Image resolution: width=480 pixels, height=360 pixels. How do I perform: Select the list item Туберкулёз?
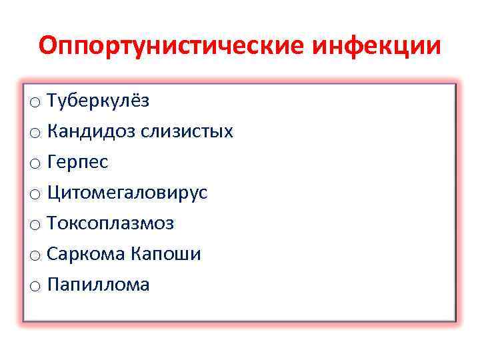(x=98, y=101)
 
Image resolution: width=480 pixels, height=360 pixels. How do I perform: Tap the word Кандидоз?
(x=91, y=131)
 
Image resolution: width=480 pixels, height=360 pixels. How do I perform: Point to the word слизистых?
(x=187, y=131)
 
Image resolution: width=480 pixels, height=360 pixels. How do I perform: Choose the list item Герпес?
(x=77, y=162)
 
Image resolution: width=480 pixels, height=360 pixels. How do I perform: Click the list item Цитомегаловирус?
(x=127, y=193)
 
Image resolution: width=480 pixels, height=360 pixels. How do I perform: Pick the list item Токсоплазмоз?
(x=110, y=223)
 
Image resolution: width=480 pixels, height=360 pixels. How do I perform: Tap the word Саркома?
(x=85, y=254)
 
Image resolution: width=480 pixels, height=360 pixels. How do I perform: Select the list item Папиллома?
(x=98, y=285)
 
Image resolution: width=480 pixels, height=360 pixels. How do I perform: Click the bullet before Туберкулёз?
(x=35, y=103)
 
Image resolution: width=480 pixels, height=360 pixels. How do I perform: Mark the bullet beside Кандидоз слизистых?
(x=35, y=133)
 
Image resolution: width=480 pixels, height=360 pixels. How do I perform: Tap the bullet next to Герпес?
(x=35, y=164)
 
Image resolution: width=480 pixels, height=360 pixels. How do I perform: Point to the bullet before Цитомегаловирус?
(x=35, y=195)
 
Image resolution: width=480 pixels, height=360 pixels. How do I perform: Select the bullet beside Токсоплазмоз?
(x=35, y=225)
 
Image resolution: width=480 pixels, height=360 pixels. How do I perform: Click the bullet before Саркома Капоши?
(x=35, y=256)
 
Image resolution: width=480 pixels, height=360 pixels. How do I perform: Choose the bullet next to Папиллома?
(x=35, y=287)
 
